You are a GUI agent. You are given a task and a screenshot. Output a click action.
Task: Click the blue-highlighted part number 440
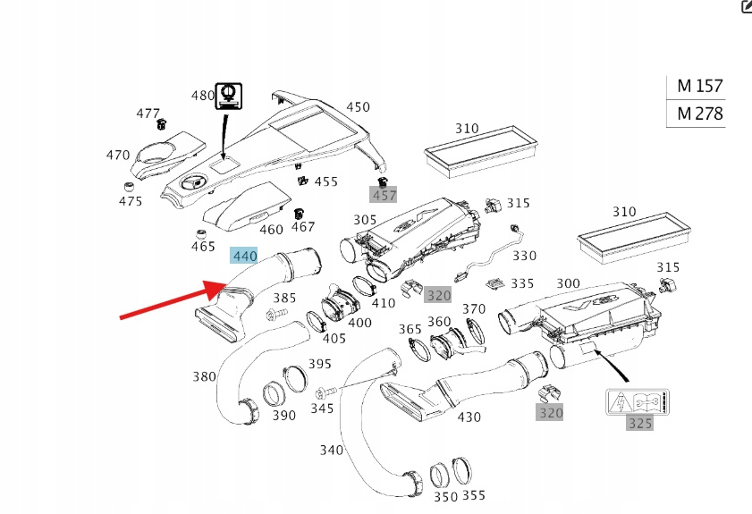[244, 257]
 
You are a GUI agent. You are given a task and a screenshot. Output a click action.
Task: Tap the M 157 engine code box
[698, 87]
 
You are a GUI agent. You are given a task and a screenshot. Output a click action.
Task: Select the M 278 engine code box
[698, 114]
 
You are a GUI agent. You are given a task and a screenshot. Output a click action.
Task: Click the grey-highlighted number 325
[639, 423]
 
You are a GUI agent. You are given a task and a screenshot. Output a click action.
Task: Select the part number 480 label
[203, 96]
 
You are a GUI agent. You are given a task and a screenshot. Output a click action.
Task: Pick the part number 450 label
[358, 106]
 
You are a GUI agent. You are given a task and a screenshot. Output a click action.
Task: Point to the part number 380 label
[204, 376]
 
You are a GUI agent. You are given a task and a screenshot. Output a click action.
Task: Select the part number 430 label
[469, 417]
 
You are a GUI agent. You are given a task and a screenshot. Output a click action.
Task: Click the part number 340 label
[331, 449]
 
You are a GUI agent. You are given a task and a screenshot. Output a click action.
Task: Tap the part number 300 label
[568, 283]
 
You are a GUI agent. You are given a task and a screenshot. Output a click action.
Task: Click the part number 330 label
[524, 256]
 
